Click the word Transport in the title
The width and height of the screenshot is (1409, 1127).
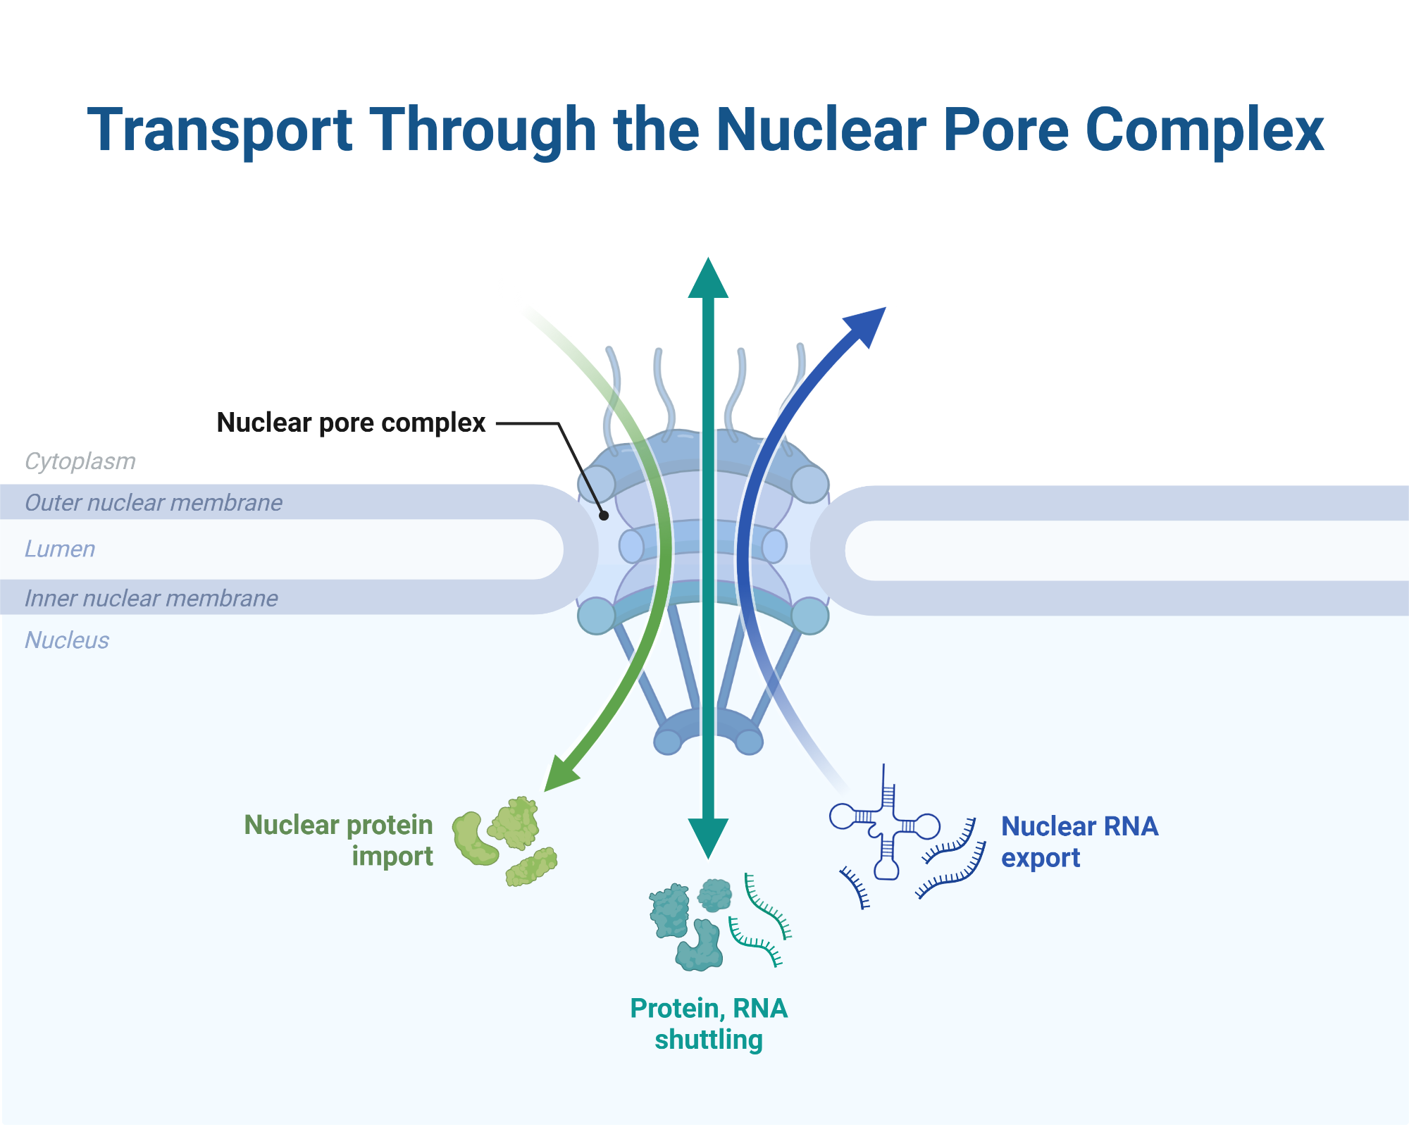(219, 131)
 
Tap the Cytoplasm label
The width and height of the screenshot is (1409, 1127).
(80, 461)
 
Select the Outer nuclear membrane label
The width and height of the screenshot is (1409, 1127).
(153, 503)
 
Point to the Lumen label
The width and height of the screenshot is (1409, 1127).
(60, 549)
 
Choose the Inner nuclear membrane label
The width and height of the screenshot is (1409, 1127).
(151, 599)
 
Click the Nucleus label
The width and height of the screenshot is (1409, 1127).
(67, 640)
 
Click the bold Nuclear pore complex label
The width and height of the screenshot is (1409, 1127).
(351, 423)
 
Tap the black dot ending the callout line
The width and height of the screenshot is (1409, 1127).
(604, 516)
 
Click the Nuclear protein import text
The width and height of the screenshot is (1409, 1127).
(339, 840)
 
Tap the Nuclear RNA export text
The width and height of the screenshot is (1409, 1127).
(1079, 842)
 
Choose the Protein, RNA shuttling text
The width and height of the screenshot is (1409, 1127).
(708, 1023)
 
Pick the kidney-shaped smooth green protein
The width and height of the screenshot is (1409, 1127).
(473, 839)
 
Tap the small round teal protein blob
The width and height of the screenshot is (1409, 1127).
(715, 895)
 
